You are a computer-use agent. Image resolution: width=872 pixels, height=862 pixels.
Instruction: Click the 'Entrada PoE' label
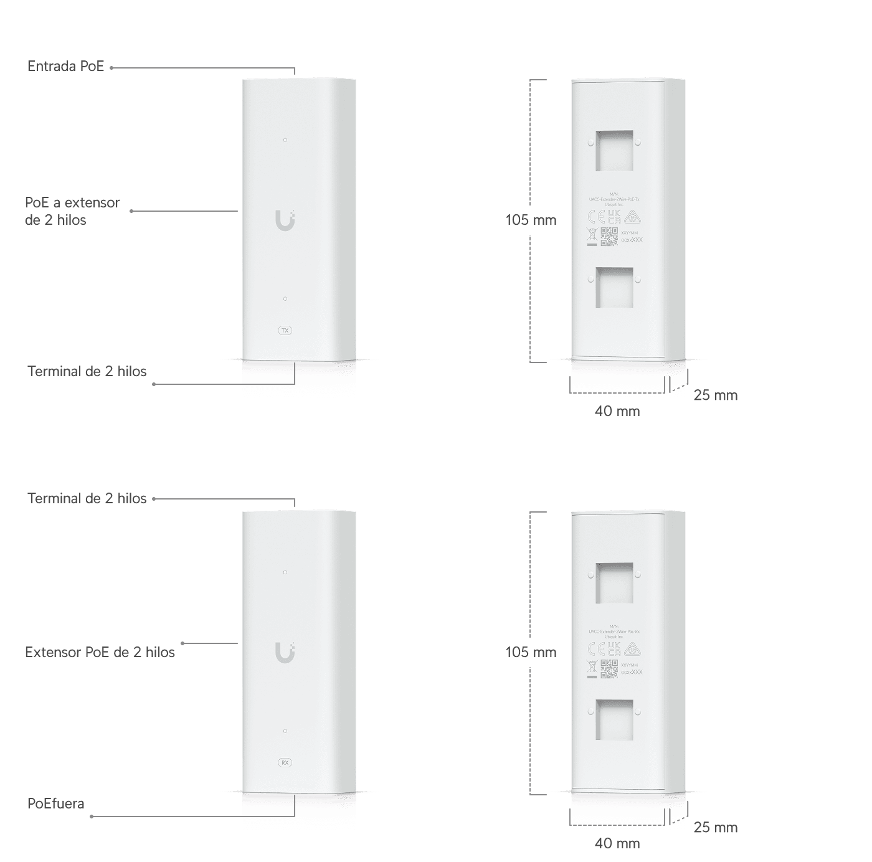pos(66,67)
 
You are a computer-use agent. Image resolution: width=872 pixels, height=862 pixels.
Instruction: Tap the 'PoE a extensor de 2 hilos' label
pos(72,211)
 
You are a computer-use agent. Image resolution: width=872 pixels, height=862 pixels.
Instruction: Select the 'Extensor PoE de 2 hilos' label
pos(100,652)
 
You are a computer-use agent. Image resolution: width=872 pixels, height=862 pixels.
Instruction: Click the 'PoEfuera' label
pos(55,803)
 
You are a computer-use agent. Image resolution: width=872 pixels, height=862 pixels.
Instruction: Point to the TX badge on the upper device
pos(285,330)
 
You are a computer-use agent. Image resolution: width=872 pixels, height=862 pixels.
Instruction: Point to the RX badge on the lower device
pos(285,762)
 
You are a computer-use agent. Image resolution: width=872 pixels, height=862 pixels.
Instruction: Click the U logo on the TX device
pos(285,220)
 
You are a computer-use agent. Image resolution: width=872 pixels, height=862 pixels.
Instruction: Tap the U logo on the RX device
pos(285,652)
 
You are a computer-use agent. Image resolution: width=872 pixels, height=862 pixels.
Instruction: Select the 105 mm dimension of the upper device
pos(530,220)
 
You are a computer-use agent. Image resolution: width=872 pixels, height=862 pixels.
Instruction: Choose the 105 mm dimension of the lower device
pos(530,652)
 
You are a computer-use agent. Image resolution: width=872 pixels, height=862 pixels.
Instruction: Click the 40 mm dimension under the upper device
pos(617,411)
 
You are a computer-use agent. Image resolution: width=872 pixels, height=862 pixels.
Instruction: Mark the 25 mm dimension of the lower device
pos(715,828)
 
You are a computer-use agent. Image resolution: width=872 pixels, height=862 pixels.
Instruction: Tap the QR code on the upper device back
pos(609,237)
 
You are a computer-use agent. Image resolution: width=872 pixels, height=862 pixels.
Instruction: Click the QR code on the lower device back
pos(609,669)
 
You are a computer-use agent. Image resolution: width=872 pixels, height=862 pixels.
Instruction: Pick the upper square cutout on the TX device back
pos(614,150)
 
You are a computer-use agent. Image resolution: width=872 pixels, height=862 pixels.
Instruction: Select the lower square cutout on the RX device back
pos(614,719)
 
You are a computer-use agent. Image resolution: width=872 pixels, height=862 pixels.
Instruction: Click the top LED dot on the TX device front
pos(285,140)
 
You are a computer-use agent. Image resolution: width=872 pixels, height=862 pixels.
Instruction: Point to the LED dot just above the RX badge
pos(285,731)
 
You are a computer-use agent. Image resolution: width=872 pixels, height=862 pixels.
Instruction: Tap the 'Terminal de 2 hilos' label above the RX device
pos(87,498)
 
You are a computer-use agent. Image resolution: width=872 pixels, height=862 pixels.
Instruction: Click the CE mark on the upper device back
pos(596,217)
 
